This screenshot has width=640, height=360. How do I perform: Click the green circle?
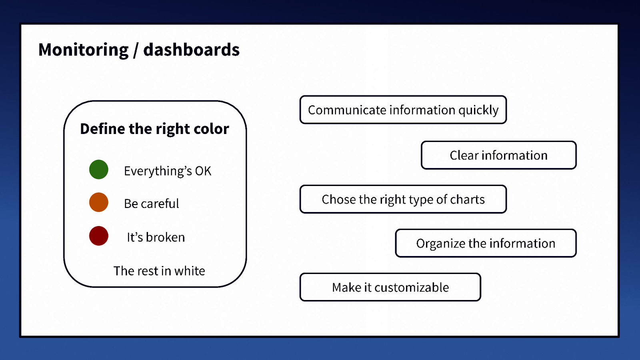point(98,169)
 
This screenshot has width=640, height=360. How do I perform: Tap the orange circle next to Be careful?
point(98,202)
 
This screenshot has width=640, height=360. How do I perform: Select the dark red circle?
point(98,236)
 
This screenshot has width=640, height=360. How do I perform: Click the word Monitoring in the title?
point(83,50)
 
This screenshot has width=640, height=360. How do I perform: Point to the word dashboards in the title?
point(191,50)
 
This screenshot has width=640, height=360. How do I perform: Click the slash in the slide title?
point(136,50)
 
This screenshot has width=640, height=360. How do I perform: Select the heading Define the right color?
point(154,129)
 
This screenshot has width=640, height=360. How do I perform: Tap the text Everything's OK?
point(167,171)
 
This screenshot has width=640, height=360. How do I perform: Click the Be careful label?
point(151,204)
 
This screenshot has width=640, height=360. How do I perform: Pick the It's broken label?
point(156,237)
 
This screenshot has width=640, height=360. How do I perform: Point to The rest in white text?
point(159,271)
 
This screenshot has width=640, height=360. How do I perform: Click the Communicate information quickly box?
point(403,110)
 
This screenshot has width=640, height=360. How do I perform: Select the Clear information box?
point(498,155)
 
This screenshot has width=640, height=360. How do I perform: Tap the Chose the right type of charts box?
point(403,199)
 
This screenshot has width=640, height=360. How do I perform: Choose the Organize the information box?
point(486,243)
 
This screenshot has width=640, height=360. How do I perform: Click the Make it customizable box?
point(390,287)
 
